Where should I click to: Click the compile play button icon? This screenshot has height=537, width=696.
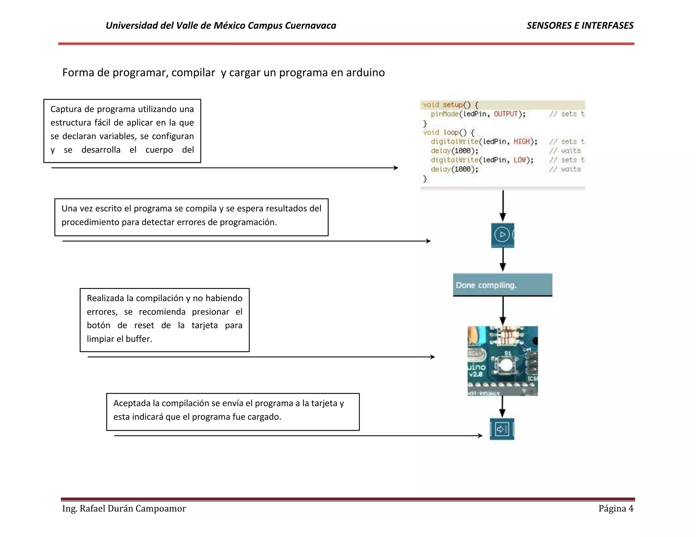click(x=502, y=235)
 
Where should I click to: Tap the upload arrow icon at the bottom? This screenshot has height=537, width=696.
click(x=502, y=429)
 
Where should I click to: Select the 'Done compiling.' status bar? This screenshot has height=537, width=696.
click(x=502, y=285)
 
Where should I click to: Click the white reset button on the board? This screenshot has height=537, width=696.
click(x=506, y=366)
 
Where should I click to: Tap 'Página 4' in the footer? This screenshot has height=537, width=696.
click(x=616, y=508)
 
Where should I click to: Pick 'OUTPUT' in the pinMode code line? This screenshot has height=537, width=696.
click(x=505, y=114)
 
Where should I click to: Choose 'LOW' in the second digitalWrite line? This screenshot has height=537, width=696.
click(x=520, y=160)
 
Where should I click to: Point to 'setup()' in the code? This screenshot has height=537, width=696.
click(x=456, y=105)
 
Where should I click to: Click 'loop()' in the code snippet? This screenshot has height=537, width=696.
click(x=455, y=132)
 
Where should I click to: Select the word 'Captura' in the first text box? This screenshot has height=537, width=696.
click(x=66, y=109)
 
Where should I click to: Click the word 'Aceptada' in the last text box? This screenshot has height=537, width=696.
click(x=132, y=403)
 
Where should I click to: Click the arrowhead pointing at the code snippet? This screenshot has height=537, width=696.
click(x=396, y=168)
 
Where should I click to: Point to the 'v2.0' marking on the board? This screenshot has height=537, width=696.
click(x=476, y=374)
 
